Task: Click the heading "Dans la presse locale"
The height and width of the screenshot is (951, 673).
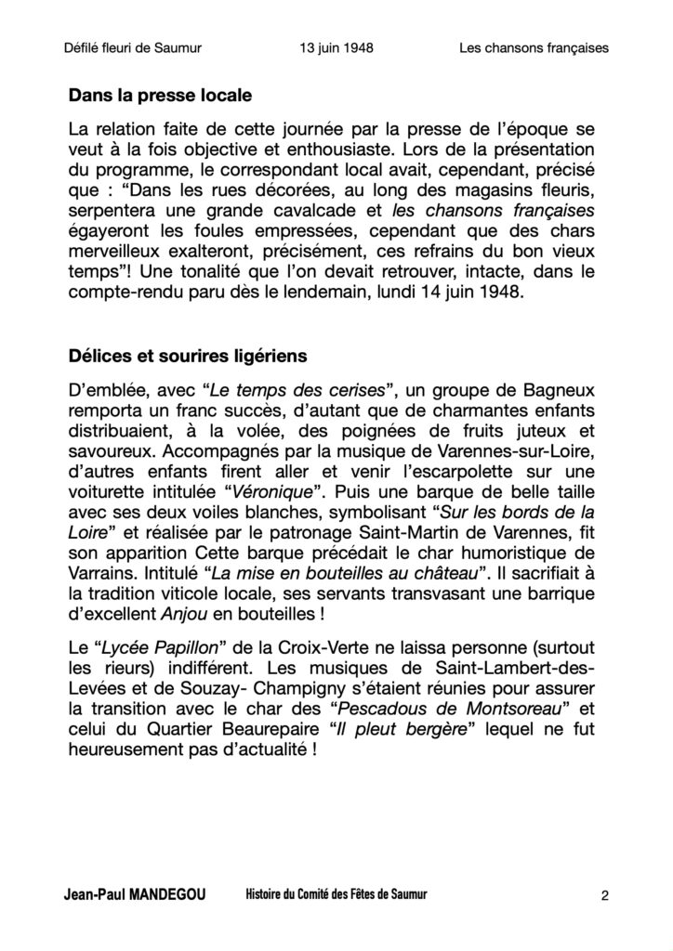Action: tap(160, 95)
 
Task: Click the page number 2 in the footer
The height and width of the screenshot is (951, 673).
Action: tap(605, 896)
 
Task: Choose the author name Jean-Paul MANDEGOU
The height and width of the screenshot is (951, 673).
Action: tap(134, 895)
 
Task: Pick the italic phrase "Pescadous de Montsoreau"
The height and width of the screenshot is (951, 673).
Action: tap(450, 710)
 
